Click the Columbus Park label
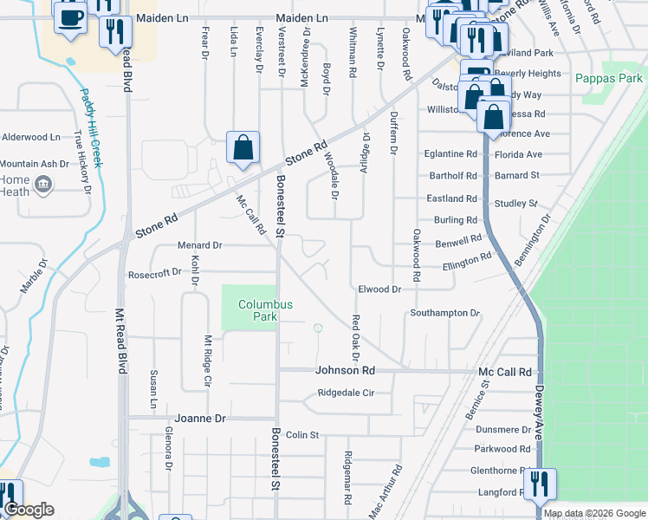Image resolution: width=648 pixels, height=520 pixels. coord(266,310)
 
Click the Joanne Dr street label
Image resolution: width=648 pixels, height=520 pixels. coord(200,418)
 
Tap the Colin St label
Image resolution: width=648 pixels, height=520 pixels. coord(303,434)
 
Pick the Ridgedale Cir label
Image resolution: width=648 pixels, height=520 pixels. coord(346,393)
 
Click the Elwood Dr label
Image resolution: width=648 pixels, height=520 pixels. coord(379,289)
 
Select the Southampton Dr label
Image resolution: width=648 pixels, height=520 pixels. coord(445,312)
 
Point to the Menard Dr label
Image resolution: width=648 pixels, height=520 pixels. coord(200,245)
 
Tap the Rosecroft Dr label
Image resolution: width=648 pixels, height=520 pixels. coord(154,272)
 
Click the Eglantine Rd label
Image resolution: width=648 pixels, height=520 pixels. coord(450,153)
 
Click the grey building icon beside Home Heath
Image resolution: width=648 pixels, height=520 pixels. coord(42,184)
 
